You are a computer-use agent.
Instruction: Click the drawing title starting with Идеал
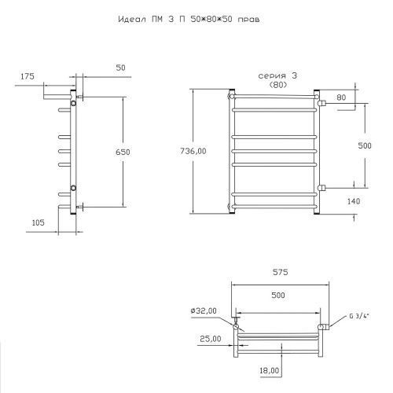189,20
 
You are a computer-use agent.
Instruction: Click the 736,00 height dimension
193,151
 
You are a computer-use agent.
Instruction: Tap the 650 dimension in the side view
123,152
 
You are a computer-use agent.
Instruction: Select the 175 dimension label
28,76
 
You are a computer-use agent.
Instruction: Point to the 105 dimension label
39,222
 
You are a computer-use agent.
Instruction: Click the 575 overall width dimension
281,272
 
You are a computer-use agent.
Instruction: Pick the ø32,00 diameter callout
204,310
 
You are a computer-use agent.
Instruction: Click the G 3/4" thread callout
359,316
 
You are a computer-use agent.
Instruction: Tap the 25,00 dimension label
211,339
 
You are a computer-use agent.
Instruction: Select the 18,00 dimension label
270,370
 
